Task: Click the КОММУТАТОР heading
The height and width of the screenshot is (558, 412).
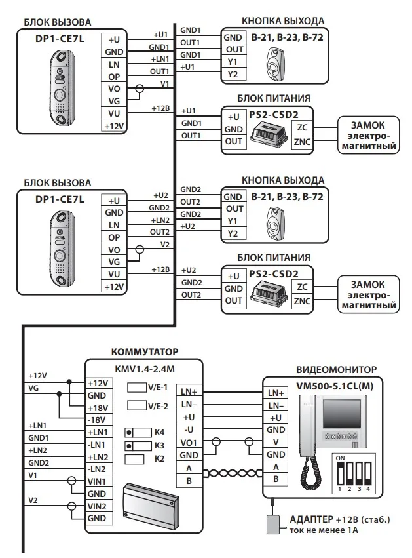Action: pyautogui.click(x=145, y=352)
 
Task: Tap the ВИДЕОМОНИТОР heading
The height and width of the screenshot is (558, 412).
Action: pyautogui.click(x=336, y=370)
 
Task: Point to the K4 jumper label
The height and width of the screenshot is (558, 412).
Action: pyautogui.click(x=159, y=433)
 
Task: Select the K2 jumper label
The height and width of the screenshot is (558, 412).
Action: pyautogui.click(x=159, y=458)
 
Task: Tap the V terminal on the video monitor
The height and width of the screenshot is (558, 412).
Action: pyautogui.click(x=276, y=442)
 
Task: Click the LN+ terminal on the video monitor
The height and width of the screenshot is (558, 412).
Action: pyautogui.click(x=276, y=393)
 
